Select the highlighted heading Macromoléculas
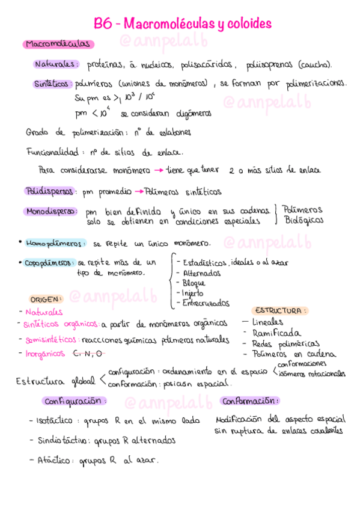(x=58, y=44)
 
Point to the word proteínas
(x=106, y=64)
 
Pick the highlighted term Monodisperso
(x=50, y=212)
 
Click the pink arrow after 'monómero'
(x=158, y=170)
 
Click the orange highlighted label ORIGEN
(x=45, y=298)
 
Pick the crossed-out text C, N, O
(x=88, y=354)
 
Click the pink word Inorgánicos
(x=45, y=354)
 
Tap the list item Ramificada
(x=276, y=333)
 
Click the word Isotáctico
(x=54, y=421)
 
